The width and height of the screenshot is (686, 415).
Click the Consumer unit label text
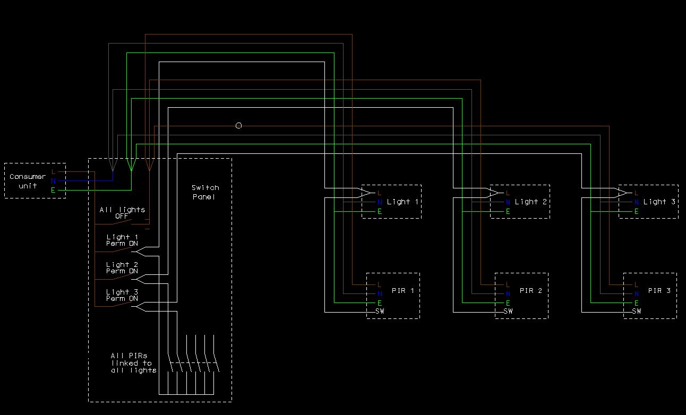point(28,181)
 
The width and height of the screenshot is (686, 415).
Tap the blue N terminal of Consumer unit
point(53,181)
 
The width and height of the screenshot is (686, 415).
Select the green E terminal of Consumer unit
point(53,190)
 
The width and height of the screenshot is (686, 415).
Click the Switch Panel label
point(205,192)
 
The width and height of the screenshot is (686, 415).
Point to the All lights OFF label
point(122,213)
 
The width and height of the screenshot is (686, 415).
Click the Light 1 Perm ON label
point(122,240)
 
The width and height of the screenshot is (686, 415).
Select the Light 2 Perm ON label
point(122,268)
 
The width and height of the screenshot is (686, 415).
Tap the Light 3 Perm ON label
point(122,295)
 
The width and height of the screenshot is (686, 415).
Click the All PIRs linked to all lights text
point(133,363)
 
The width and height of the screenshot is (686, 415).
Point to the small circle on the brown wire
point(238,125)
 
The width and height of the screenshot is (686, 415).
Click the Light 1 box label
point(402,202)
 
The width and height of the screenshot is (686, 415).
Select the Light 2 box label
point(531,202)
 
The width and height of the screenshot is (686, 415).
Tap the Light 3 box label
point(659,202)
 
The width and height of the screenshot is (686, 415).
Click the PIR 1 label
point(402,290)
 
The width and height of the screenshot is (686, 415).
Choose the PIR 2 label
point(531,290)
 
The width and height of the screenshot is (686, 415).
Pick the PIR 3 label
point(659,290)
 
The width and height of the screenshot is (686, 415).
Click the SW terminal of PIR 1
point(380,311)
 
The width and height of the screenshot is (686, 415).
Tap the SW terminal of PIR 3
point(637,311)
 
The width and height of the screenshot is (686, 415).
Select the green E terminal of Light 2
point(508,211)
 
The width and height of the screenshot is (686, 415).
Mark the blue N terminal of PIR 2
point(508,294)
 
